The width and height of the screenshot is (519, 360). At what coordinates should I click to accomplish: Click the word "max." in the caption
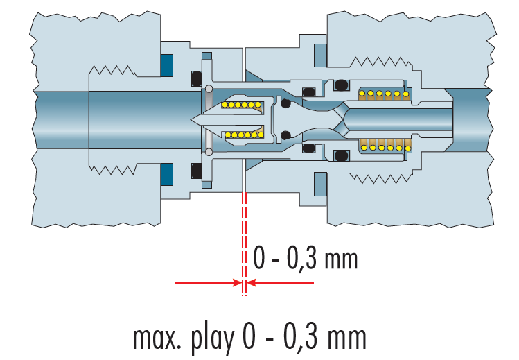(x=157, y=338)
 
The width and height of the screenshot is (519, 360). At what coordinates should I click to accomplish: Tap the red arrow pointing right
(x=208, y=283)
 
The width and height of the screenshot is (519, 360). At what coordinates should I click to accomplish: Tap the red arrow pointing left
(x=281, y=283)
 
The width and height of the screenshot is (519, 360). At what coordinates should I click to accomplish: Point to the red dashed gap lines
(x=244, y=243)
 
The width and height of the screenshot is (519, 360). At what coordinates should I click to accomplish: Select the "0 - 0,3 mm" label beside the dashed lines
(x=305, y=259)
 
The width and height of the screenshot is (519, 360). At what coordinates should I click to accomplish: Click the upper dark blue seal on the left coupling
(x=167, y=65)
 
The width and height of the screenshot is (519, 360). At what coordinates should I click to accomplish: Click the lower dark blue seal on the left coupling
(x=167, y=174)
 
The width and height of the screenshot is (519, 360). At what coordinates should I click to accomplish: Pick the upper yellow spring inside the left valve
(x=242, y=105)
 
